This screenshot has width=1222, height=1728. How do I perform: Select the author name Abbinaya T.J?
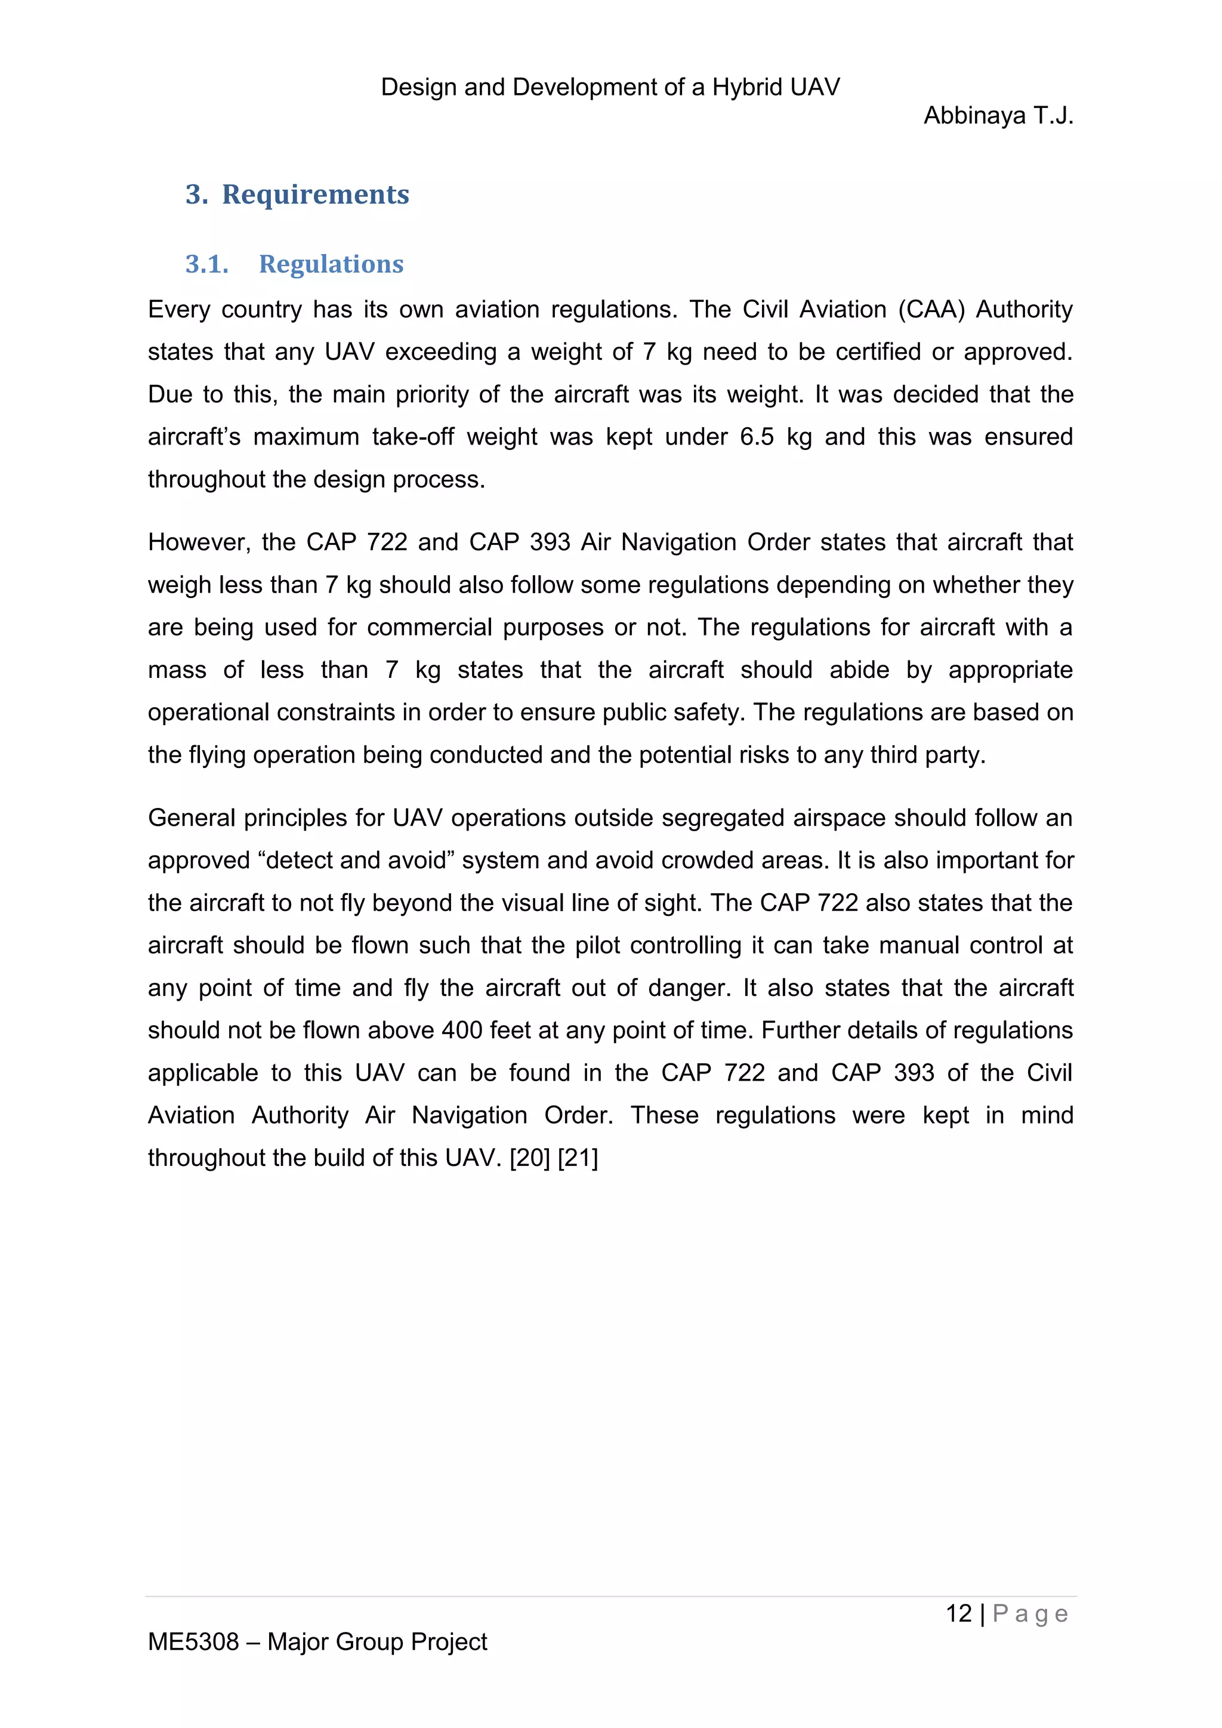pos(998,116)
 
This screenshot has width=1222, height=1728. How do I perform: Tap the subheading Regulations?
pos(331,264)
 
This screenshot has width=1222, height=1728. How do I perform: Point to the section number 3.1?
pos(207,264)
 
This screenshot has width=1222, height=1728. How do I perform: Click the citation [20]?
pos(530,1158)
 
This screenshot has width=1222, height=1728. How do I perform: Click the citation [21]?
pos(578,1158)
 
